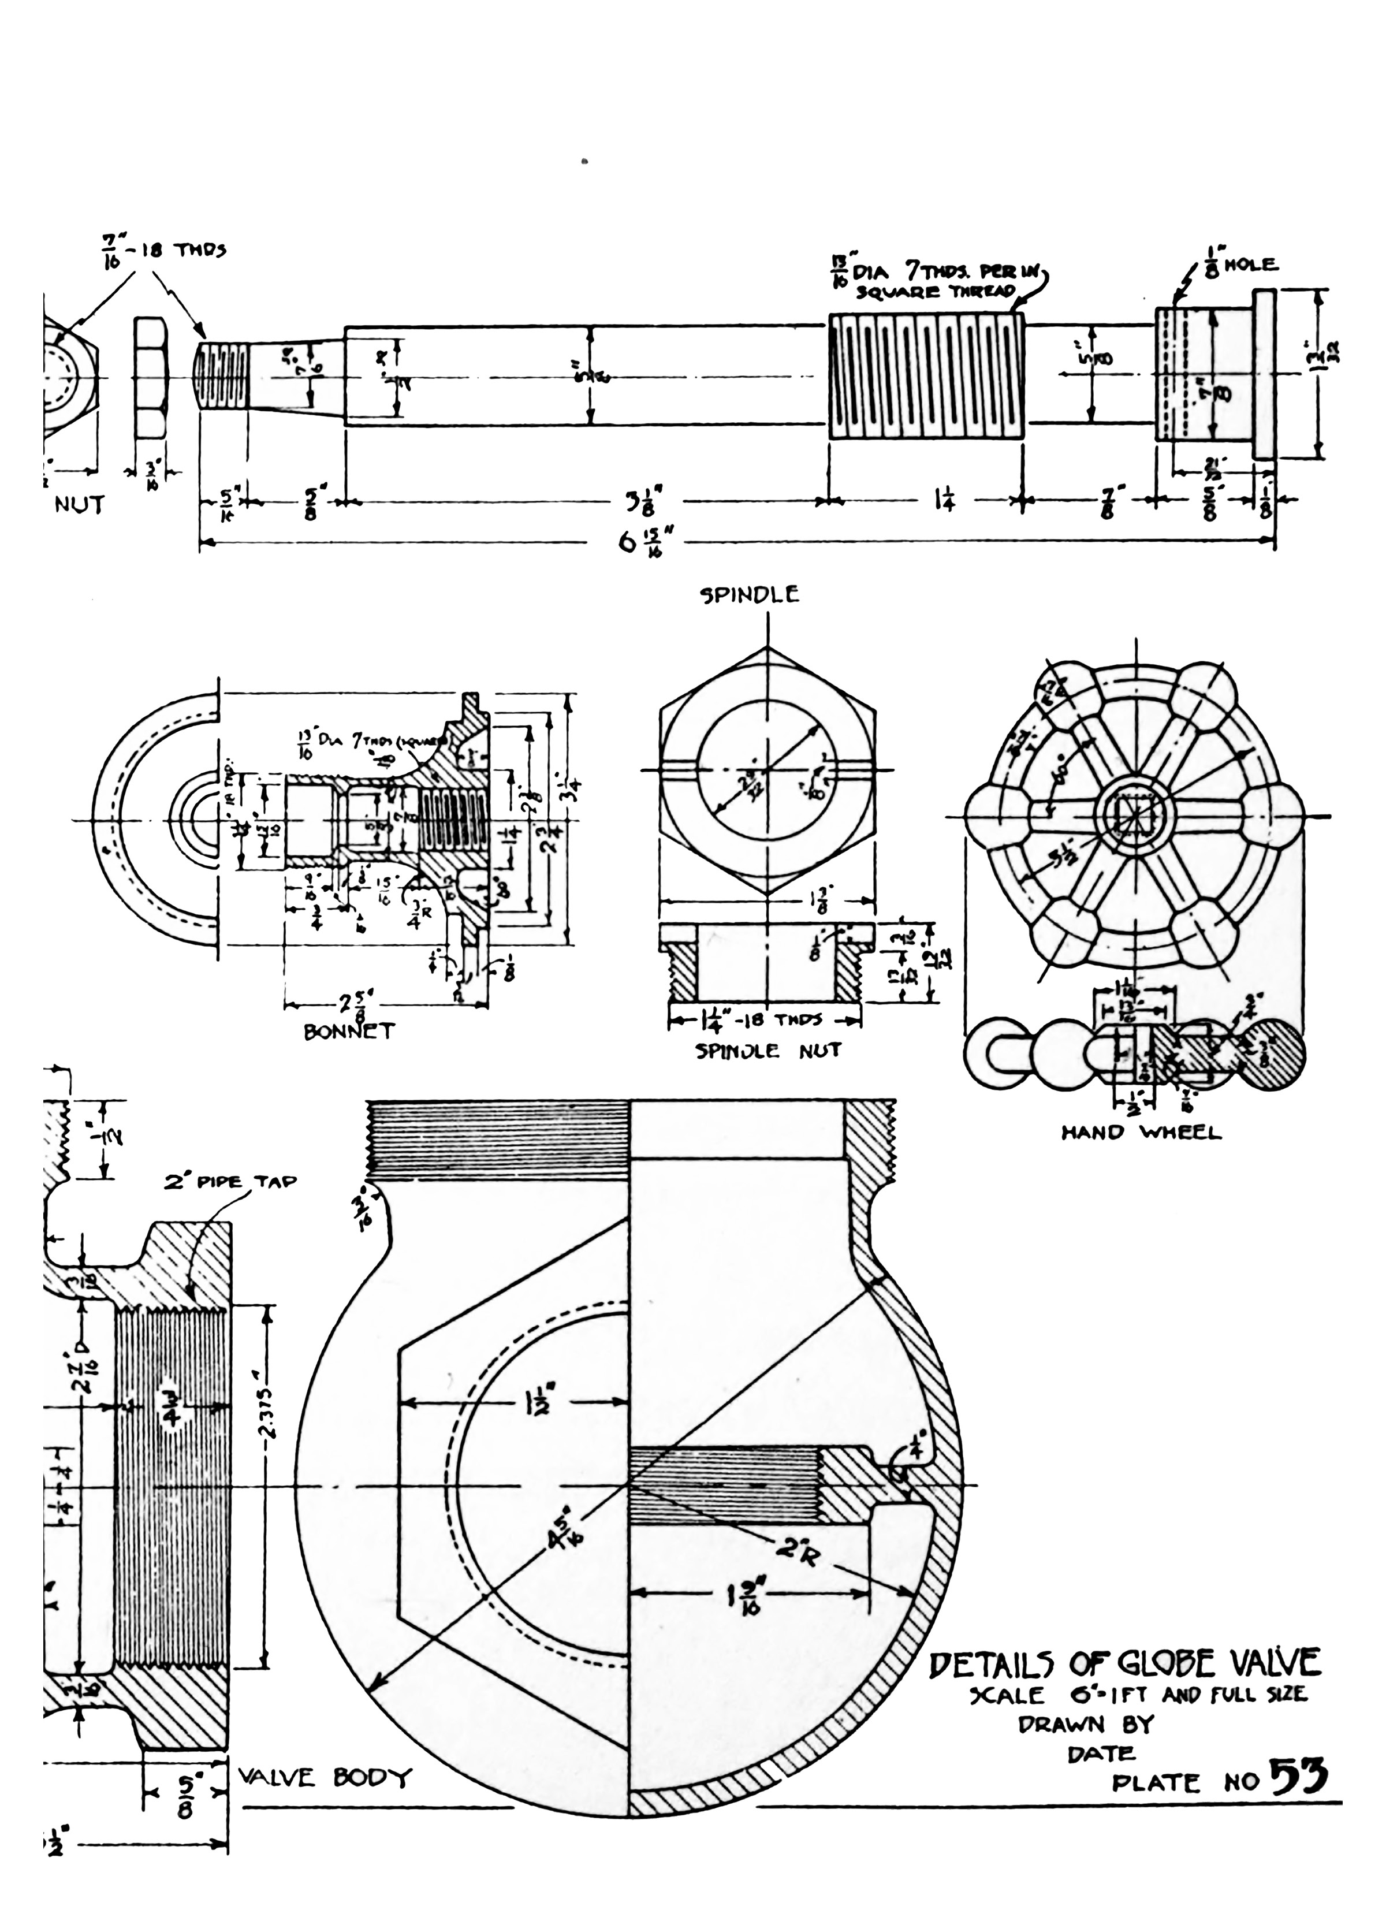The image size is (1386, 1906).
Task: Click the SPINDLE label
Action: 751,595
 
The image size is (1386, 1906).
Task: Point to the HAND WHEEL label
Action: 1141,1133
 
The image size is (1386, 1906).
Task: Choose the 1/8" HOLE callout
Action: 1240,265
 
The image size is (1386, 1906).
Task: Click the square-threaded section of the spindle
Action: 926,377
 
